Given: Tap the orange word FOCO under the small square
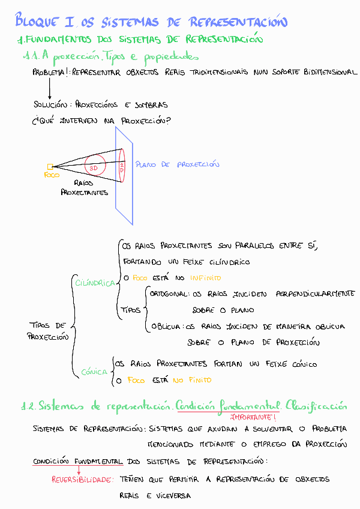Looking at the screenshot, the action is (52, 175).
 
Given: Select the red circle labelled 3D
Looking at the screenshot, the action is (95, 164).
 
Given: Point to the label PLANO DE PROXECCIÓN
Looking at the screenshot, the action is (177, 164).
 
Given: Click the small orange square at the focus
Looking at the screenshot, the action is (50, 167).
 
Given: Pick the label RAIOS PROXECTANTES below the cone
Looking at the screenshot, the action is (84, 187).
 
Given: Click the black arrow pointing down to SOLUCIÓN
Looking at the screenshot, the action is (49, 88).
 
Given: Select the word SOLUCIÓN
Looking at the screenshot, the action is (50, 104).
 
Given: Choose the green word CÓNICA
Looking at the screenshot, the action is (94, 372).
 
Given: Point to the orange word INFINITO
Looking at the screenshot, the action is (205, 278).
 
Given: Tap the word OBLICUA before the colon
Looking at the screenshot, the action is (167, 327).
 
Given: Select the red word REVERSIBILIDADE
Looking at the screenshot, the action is (82, 480).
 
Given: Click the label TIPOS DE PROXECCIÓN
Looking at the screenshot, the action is (48, 331).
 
